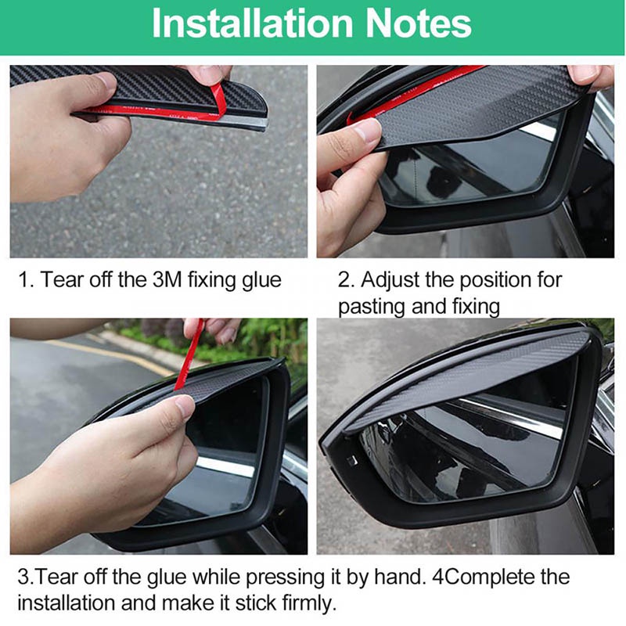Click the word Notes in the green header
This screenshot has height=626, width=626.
pos(419,23)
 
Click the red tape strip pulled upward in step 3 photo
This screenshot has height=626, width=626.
pos(188,356)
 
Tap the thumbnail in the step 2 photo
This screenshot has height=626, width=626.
pos(368,131)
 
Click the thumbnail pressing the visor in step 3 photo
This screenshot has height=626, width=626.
pos(185,406)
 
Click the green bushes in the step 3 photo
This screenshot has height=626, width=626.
pos(224,340)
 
